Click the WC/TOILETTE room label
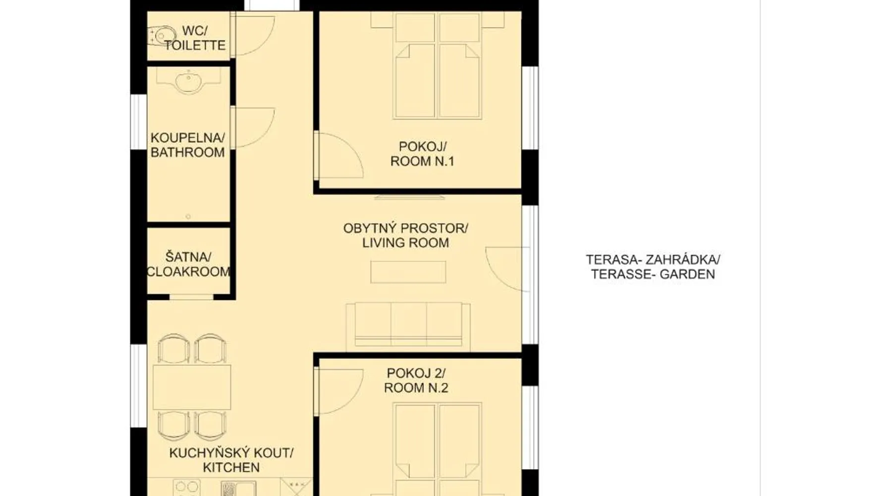[x=195, y=38]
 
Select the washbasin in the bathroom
[x=188, y=81]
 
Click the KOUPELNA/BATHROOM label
[x=188, y=145]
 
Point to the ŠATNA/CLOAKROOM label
[x=188, y=264]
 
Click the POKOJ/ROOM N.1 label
[x=422, y=154]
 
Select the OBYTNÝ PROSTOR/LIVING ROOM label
[x=405, y=236]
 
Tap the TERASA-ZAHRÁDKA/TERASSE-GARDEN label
[x=653, y=267]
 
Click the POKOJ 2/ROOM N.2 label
[x=416, y=380]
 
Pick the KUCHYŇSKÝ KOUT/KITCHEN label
[x=231, y=460]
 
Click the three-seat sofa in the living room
[x=408, y=325]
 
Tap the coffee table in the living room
[x=408, y=272]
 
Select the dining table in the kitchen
[x=192, y=387]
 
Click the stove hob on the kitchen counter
[x=186, y=488]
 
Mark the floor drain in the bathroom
[x=188, y=216]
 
